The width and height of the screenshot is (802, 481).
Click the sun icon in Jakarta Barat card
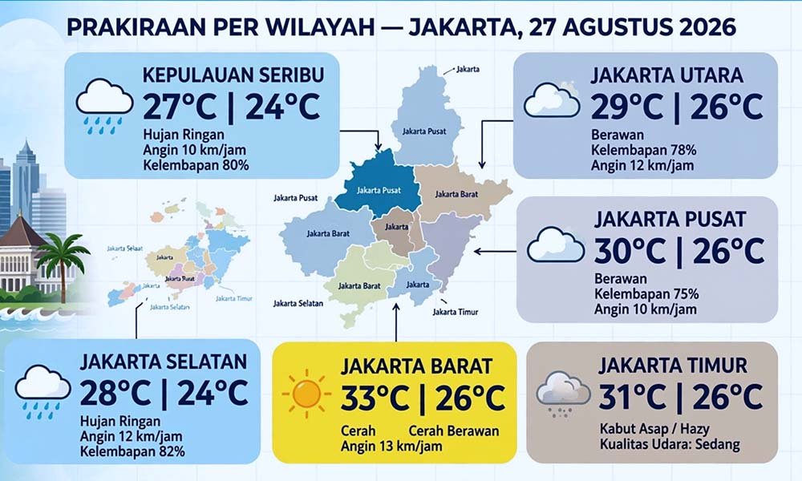pyautogui.click(x=306, y=394)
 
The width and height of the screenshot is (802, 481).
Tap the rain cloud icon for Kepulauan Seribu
pyautogui.click(x=104, y=106)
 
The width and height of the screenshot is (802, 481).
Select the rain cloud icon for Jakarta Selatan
pyautogui.click(x=43, y=391)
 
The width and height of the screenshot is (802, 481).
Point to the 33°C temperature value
pyautogui.click(x=375, y=398)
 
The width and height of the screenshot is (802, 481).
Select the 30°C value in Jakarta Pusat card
pyautogui.click(x=630, y=251)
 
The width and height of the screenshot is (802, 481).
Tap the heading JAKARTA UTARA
pyautogui.click(x=667, y=75)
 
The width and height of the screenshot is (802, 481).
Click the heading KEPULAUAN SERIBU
pyautogui.click(x=233, y=75)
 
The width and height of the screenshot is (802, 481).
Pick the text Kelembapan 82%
pyautogui.click(x=132, y=452)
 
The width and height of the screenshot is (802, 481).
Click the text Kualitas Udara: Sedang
pyautogui.click(x=670, y=444)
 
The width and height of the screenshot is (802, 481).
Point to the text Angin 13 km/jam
pyautogui.click(x=391, y=447)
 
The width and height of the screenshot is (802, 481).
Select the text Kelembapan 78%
pyautogui.click(x=643, y=150)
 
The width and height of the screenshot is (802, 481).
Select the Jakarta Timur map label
pyautogui.click(x=456, y=312)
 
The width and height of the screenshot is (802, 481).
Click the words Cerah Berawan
pyautogui.click(x=454, y=431)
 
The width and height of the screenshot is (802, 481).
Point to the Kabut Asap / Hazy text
pyautogui.click(x=654, y=428)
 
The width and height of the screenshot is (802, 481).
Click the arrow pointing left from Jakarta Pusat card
pyautogui.click(x=495, y=252)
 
